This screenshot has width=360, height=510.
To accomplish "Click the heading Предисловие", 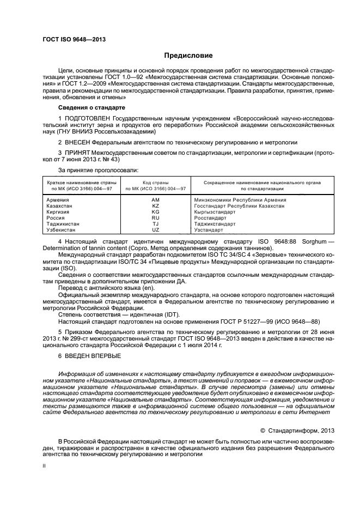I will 189,56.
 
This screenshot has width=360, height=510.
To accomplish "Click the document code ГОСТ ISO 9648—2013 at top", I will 74,40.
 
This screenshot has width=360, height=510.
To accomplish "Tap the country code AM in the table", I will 155,200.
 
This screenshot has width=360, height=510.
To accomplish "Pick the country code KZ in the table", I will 155,206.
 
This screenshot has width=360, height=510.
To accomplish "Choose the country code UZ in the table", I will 155,230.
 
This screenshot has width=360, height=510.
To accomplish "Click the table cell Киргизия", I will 59,212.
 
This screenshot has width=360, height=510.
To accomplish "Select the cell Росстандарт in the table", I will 211,218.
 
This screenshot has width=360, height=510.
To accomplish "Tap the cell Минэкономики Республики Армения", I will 240,200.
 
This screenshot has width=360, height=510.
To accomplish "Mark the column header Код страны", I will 155,183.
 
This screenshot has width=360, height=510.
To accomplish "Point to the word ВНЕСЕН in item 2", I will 78,142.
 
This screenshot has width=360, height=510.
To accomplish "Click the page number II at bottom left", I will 45,466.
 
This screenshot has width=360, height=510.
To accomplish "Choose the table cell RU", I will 155,218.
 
